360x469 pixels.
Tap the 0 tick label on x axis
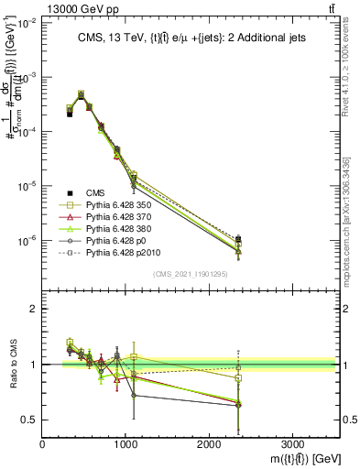[43, 443]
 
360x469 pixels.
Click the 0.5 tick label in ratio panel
[29, 420]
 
